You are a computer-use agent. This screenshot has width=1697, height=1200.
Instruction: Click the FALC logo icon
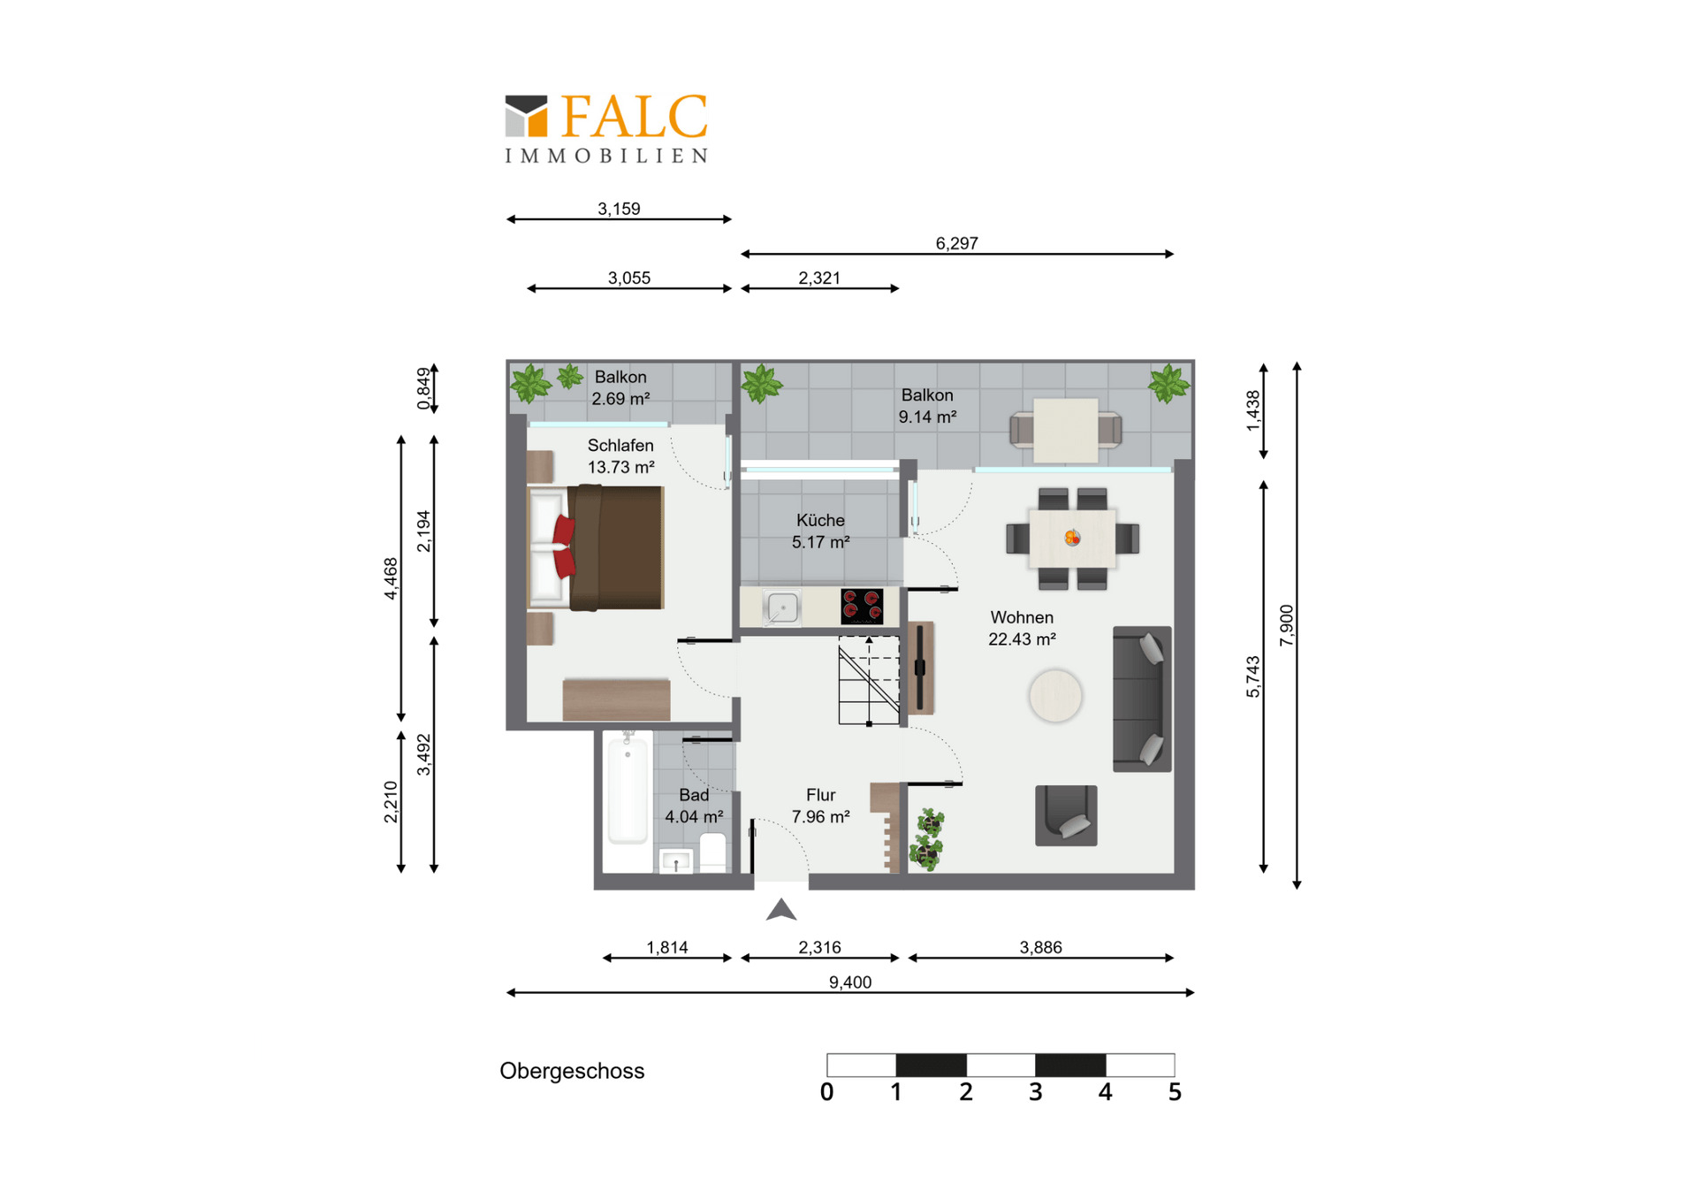click(x=526, y=116)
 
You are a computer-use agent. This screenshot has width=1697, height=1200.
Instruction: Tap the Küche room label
click(x=820, y=521)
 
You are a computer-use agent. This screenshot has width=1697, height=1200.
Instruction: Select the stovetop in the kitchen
click(x=862, y=607)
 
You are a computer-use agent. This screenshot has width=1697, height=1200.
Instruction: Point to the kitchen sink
click(x=781, y=608)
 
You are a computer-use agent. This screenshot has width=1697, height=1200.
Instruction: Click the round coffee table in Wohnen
click(x=1055, y=696)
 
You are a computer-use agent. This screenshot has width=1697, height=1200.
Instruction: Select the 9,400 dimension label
click(x=850, y=982)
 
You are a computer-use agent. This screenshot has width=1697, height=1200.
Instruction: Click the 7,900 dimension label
click(x=1287, y=625)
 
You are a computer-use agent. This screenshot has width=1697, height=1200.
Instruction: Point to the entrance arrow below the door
click(x=781, y=909)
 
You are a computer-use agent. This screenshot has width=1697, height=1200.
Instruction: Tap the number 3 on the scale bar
click(x=1036, y=1092)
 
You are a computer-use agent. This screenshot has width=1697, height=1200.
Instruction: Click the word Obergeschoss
click(x=572, y=1071)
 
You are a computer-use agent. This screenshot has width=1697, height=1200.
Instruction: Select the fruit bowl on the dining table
click(x=1072, y=537)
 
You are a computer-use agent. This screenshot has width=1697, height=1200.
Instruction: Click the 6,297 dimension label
click(x=957, y=243)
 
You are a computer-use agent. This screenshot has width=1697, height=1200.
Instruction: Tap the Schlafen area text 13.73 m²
click(x=621, y=467)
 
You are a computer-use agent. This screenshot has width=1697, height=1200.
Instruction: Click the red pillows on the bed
click(x=563, y=547)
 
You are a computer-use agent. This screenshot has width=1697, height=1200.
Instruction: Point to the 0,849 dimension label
click(x=424, y=389)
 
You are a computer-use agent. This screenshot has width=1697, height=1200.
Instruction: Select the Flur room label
click(x=820, y=795)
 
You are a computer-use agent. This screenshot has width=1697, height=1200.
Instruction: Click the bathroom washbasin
click(x=676, y=860)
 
